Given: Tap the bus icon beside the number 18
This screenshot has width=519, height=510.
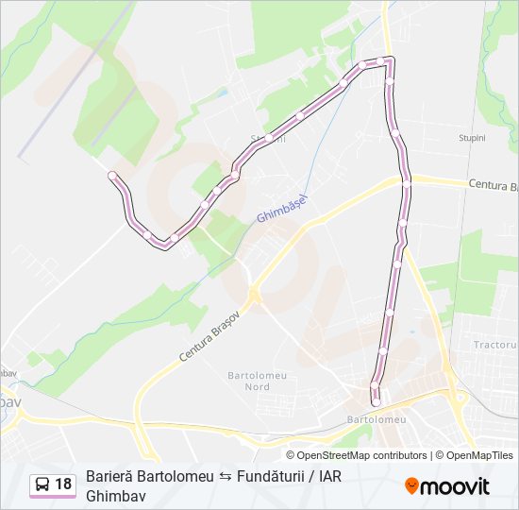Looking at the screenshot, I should coord(42,484).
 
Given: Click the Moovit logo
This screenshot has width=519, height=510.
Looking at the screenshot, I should coord(447,485).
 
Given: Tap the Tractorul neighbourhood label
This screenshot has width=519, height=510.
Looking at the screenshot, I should coord(495,345).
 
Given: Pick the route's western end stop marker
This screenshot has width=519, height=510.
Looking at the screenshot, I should coord(112,176).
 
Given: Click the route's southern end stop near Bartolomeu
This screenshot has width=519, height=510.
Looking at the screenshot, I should coord(376,402).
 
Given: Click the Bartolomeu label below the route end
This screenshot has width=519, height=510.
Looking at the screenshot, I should coord(377,418).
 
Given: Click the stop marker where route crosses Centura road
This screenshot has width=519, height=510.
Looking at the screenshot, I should coord(407,184).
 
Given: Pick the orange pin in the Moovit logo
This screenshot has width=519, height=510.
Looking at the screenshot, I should coord(412,485).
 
